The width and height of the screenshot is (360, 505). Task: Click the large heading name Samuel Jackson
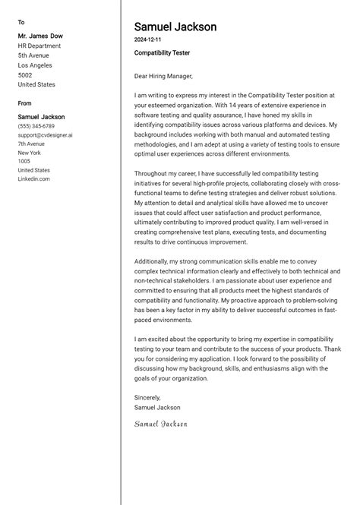point(175,27)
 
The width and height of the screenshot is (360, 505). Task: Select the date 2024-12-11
point(147,39)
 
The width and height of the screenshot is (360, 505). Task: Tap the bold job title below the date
point(162,53)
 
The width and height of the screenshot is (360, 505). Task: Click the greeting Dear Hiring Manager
point(163,76)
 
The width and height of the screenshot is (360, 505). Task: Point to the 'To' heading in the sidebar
point(21,22)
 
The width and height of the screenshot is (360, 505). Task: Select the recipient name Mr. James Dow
point(40,36)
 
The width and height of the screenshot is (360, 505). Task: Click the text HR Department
point(39,46)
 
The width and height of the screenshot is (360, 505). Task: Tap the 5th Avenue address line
point(33,55)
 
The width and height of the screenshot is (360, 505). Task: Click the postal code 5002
point(25,75)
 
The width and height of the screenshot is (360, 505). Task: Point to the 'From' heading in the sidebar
point(25,103)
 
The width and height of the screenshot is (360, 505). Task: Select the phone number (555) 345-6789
point(36,126)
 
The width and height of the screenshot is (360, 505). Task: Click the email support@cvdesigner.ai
point(46,135)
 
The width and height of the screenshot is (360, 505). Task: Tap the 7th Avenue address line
point(32,144)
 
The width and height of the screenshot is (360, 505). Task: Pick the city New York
point(30,153)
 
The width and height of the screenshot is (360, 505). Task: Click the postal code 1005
point(24,161)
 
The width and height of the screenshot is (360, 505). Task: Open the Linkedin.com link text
point(33,179)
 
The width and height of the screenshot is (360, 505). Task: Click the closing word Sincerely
point(147,397)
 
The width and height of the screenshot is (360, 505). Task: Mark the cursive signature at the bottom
point(160,424)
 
